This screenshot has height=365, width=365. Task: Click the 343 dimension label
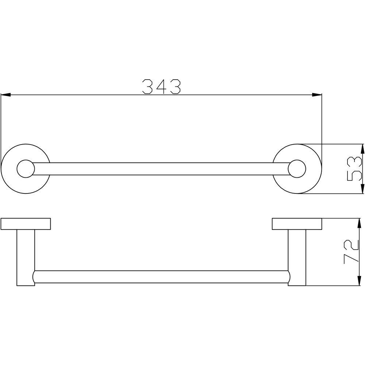tap(161, 87)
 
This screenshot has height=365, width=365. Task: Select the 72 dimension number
tap(351, 251)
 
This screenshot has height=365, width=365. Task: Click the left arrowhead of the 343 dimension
tap(6, 95)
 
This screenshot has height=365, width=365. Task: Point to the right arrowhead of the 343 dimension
tap(317, 95)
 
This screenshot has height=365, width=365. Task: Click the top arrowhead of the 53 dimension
tap(362, 149)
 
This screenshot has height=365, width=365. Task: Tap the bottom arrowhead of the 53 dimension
tap(362, 189)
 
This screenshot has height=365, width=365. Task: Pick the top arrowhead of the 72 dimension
tap(359, 223)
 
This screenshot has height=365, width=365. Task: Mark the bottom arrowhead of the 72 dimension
tap(359, 281)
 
